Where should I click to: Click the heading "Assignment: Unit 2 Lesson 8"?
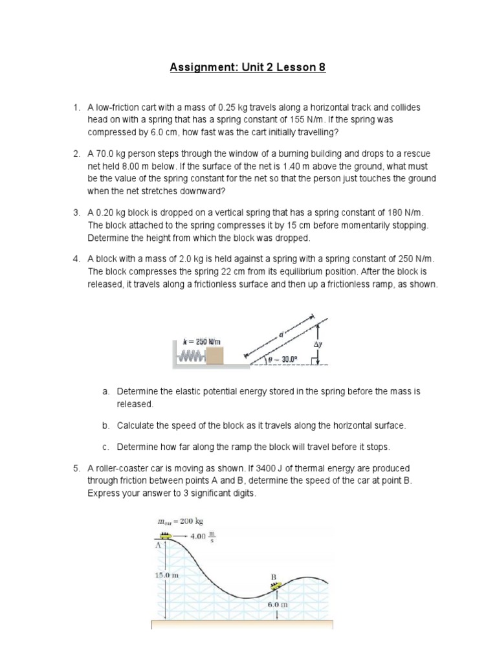click(248, 67)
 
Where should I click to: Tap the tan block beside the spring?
click(214, 355)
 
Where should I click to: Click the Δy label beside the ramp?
click(318, 344)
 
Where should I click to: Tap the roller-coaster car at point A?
click(166, 535)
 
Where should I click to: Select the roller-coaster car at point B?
click(275, 587)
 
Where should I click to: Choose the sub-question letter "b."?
click(106, 425)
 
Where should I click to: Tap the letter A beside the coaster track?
click(157, 545)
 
